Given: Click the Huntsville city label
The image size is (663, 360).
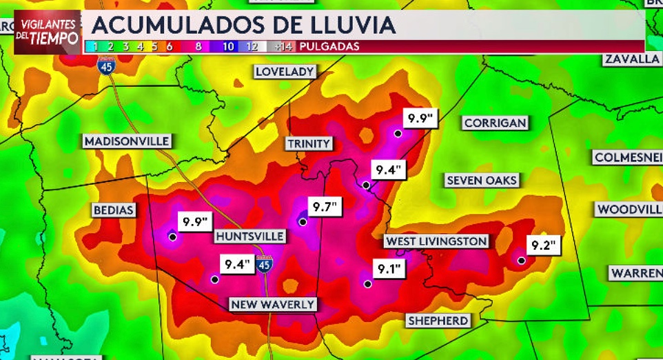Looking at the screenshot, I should (x=249, y=237).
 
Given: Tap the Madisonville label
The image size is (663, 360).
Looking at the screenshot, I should (x=127, y=141).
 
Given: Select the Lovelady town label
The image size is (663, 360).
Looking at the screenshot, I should (x=285, y=72).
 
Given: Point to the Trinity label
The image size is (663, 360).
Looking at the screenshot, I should (x=309, y=143).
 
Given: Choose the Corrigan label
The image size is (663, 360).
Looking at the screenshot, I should (x=496, y=123).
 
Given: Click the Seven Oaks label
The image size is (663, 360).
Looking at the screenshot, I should (x=482, y=181).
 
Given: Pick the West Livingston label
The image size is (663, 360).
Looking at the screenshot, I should (x=436, y=241).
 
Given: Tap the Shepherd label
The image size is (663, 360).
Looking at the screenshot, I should (x=438, y=321).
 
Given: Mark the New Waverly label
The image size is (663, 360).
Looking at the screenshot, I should (x=273, y=304).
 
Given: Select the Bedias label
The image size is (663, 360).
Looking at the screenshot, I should (x=114, y=210).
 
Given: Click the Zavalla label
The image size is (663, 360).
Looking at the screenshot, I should (x=632, y=59).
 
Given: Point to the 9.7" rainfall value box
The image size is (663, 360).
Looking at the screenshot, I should (x=323, y=206).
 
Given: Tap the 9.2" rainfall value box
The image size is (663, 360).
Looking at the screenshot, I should (x=544, y=245).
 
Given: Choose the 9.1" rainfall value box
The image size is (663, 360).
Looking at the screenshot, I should (x=389, y=268).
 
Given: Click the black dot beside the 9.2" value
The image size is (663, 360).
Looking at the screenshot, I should (x=522, y=261).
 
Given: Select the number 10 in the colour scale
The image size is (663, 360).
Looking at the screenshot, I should (x=229, y=47).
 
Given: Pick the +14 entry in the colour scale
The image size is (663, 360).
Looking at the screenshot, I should (x=283, y=47).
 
